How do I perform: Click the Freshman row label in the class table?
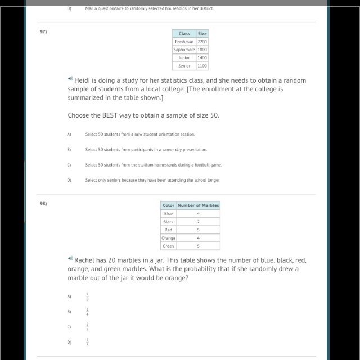[x=184, y=42]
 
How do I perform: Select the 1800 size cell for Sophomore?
[x=202, y=49]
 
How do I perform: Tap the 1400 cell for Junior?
[x=202, y=57]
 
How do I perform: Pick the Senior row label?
[x=184, y=66]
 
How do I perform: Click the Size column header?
[x=202, y=34]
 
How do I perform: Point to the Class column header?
[x=184, y=34]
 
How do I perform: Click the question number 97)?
[x=43, y=31]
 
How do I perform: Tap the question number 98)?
[x=43, y=203]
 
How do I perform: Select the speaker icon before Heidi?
[x=70, y=79]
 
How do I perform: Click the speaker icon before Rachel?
[x=70, y=259]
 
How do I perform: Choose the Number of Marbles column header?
[x=198, y=205]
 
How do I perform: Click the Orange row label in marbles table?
[x=168, y=238]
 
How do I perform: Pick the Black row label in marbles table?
[x=168, y=222]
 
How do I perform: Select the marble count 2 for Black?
[x=198, y=222]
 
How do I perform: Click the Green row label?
[x=168, y=246]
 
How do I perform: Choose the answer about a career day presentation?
[x=146, y=150]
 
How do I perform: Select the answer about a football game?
[x=154, y=165]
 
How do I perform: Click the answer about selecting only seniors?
[x=153, y=180]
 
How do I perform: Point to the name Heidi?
[x=85, y=80]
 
